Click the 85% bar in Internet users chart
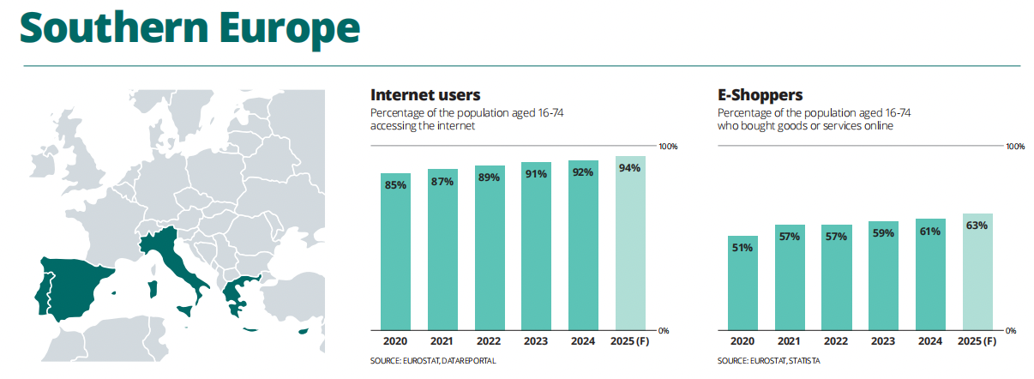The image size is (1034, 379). point(396,253)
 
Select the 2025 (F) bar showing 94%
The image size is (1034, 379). point(630,244)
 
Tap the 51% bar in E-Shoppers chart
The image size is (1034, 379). point(742,283)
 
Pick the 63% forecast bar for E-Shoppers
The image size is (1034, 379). point(977,273)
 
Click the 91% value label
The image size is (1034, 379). point(537,174)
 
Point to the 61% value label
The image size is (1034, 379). point(930,232)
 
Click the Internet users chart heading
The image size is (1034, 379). point(425,95)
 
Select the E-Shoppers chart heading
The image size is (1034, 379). point(760,95)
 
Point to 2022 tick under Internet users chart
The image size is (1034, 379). point(490,342)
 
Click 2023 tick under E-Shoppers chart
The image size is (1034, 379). point(883,342)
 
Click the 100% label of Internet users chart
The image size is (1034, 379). point(667,147)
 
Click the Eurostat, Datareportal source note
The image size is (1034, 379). point(433,361)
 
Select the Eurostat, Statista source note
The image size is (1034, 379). point(768,361)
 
